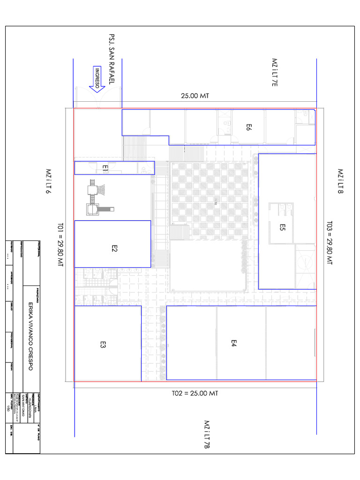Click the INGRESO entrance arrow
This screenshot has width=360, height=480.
click(97, 79)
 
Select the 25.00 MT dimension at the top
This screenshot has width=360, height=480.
click(195, 96)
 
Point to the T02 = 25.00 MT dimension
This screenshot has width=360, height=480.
click(195, 393)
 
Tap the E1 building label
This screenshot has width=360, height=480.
click(105, 167)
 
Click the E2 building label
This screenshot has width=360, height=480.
click(114, 249)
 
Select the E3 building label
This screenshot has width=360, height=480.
click(103, 345)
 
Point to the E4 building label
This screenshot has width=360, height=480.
click(233, 344)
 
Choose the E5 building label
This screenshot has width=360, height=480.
click(282, 227)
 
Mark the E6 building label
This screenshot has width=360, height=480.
click(249, 127)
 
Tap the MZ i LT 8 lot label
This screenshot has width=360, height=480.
click(341, 181)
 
